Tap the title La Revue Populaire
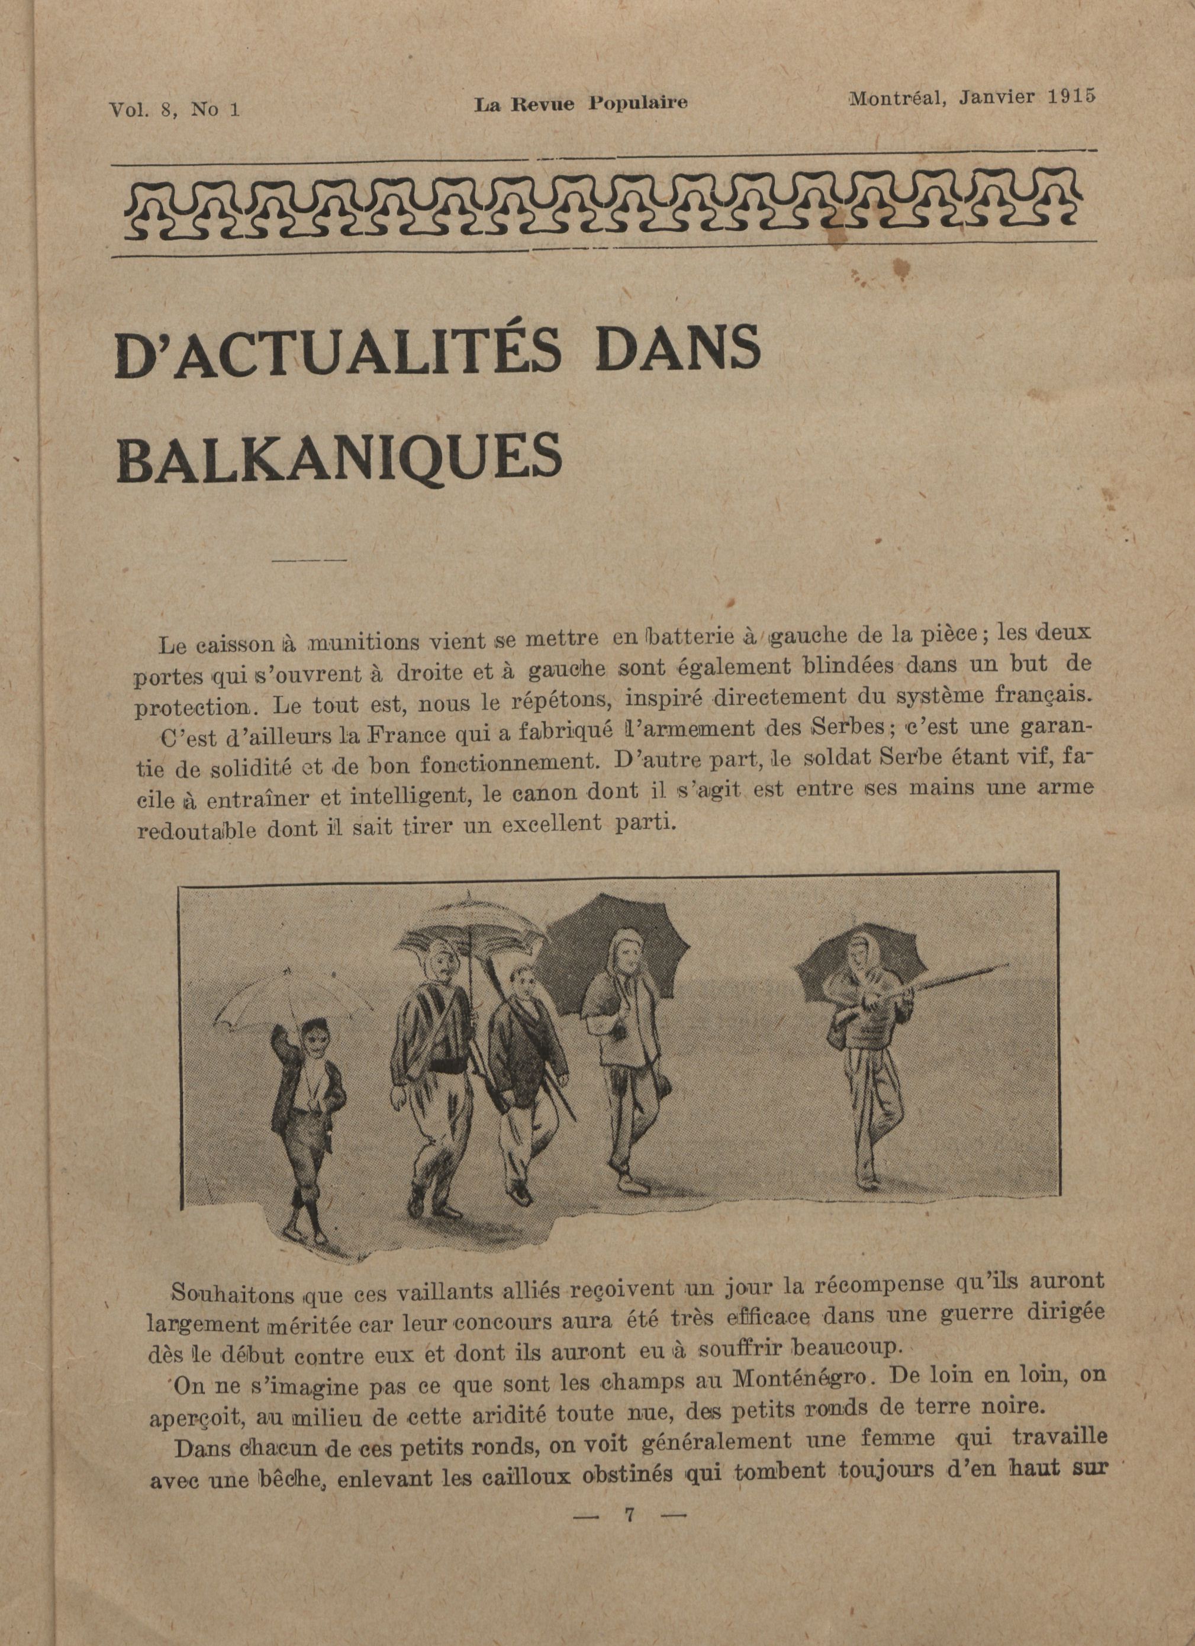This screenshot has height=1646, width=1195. tap(581, 104)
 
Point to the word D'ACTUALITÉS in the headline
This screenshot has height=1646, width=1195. tap(338, 354)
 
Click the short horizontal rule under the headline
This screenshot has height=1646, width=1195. tap(308, 560)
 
